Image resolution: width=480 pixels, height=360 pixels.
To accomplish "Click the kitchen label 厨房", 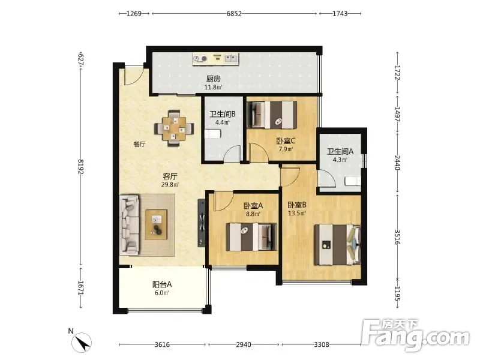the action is coord(214,79).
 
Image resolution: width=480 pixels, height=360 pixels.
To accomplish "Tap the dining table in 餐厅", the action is coord(174,128).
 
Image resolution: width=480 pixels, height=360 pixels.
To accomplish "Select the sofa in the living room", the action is coord(129,224).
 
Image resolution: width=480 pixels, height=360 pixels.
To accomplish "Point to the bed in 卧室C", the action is coord(272,115).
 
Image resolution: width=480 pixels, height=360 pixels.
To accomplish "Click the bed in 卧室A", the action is coord(251,237).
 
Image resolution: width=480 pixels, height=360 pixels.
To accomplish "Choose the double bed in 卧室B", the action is coord(337,245).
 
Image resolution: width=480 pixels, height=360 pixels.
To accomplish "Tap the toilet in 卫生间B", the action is coord(212,134).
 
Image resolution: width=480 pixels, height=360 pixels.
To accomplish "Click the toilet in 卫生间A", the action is coord(353,181).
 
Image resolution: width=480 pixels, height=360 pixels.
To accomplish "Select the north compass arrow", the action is coord(82,342).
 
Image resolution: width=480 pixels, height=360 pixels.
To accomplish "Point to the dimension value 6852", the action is coord(234,13).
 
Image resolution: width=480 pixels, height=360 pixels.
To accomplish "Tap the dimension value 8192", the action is coord(81,167).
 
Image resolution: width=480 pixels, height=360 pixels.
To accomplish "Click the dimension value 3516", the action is coord(397,237).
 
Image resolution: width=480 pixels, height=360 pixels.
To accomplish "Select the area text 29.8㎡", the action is coord(170,185).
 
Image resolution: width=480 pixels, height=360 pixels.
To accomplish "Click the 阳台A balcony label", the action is coord(162,284).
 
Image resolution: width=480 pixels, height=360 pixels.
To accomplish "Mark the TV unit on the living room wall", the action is coord(202,222).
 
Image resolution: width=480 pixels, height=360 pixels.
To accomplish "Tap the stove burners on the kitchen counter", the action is coord(200,59).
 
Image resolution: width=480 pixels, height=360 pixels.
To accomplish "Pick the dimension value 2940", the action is coord(244,344).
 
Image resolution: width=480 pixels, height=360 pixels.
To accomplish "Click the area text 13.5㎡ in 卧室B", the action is coord(297,213).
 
